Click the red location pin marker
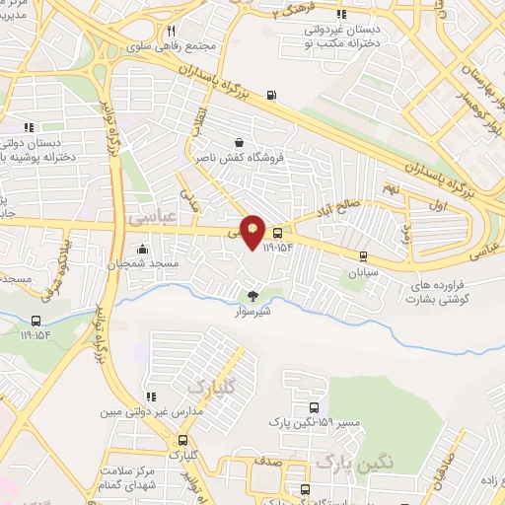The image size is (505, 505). coord(253,232)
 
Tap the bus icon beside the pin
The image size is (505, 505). coord(278,234)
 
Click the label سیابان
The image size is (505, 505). coord(363,269)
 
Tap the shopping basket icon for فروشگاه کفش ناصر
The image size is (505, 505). coord(240,141)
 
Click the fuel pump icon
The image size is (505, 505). coord(271,97)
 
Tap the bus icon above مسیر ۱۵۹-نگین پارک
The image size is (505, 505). coord(314,407)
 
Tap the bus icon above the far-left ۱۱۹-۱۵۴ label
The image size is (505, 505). coord(37,322)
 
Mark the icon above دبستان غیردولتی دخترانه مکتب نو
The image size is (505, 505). coord(341,14)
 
